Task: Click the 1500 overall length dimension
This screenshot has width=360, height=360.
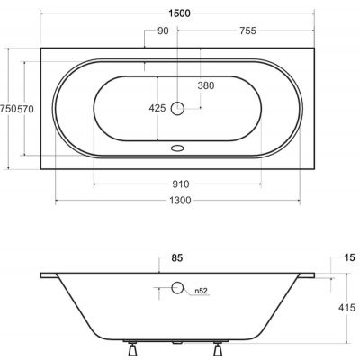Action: click(x=179, y=13)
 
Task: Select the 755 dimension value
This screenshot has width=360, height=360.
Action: click(x=247, y=31)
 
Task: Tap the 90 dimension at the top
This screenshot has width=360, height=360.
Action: click(x=163, y=31)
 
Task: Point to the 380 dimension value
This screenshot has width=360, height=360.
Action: click(x=206, y=85)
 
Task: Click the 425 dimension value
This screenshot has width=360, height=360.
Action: click(x=157, y=108)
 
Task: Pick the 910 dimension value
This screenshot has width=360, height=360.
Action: click(x=181, y=184)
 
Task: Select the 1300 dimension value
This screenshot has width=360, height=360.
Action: click(x=180, y=201)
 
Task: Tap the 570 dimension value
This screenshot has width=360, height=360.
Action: click(x=25, y=109)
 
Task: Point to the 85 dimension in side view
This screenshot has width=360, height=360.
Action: click(x=177, y=257)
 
